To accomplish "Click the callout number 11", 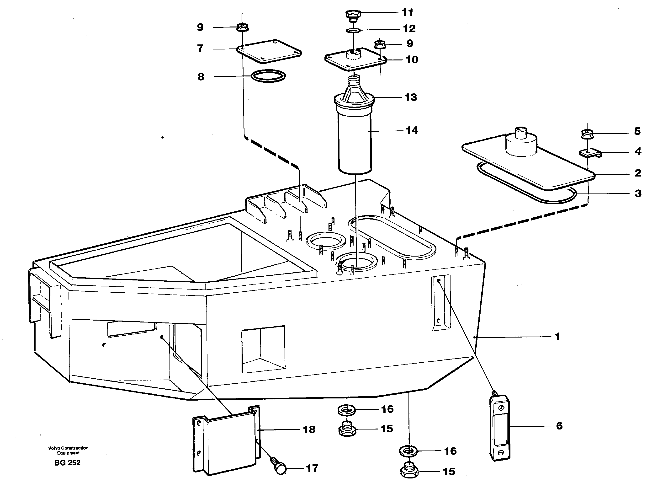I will point(407,13).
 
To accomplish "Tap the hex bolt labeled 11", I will point(353,15).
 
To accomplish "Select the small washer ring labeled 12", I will point(353,30).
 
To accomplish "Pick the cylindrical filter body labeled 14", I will point(355,143).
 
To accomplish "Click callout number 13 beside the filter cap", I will point(411,97).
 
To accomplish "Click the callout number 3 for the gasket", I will point(638,193).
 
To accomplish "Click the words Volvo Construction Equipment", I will point(68,450).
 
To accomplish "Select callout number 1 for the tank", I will point(557,337).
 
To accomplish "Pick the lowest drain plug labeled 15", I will point(409,471).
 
